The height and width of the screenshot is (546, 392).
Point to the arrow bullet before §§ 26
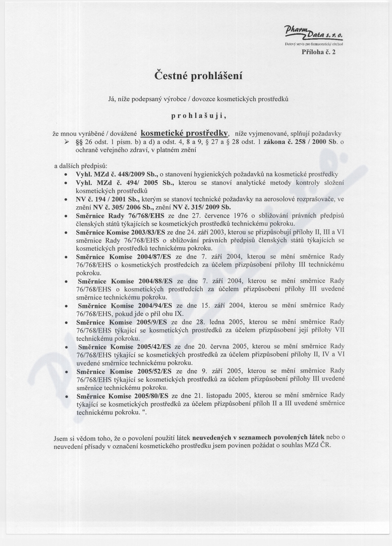tap(66, 142)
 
